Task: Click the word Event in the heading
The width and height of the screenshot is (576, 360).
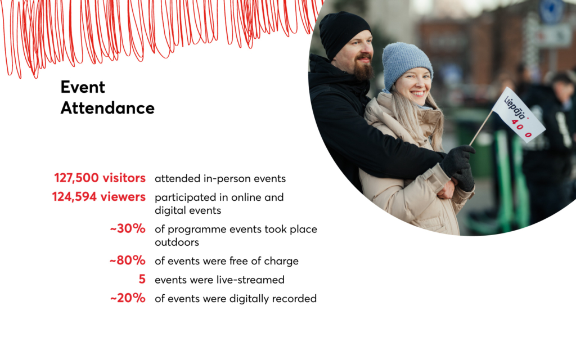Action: pos(83,87)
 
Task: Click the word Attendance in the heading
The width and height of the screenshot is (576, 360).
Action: pos(107,108)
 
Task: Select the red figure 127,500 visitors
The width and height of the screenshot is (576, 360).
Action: pos(100,178)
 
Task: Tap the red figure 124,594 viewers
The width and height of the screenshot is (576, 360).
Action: pos(99,197)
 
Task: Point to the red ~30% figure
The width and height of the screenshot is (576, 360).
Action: pos(128,228)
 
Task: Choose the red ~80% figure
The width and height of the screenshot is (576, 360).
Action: pos(128,260)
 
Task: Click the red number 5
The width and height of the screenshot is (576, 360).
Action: pos(142,279)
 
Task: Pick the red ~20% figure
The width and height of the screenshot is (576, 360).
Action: pos(128,298)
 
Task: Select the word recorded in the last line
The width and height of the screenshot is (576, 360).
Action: pos(294,298)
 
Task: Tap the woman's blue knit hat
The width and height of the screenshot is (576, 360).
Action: pos(406,62)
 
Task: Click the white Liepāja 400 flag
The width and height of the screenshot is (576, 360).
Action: pos(519,115)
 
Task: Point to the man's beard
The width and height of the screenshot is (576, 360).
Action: pos(363,69)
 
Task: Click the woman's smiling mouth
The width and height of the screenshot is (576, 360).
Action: pos(417,93)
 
